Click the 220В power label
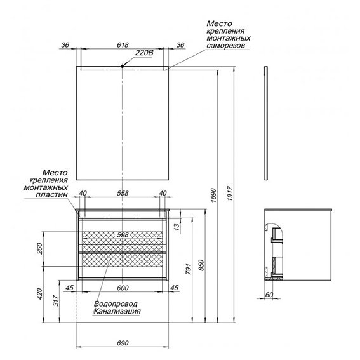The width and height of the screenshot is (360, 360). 144,53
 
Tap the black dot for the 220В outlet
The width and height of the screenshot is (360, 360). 123,67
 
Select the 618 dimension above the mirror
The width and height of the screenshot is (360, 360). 123,45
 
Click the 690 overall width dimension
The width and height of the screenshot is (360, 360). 123,343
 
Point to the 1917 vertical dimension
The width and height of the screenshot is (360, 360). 230,194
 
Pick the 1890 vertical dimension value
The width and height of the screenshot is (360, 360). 213,195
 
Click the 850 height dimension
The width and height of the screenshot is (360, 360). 201,265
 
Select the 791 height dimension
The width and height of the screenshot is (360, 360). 189,269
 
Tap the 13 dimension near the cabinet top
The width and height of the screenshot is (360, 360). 177,227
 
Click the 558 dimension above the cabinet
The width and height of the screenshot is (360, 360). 123,193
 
